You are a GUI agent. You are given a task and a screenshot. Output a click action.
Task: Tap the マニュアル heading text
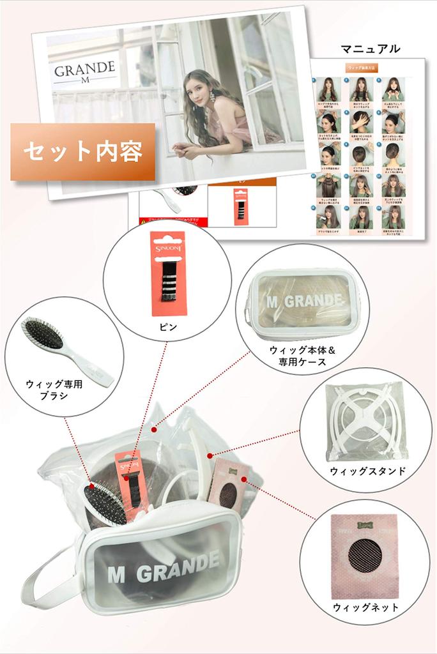[x=371, y=49]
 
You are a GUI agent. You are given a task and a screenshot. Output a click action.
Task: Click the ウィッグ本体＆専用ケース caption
[x=298, y=356]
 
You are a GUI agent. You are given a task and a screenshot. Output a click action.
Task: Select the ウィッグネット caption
[x=365, y=607]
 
